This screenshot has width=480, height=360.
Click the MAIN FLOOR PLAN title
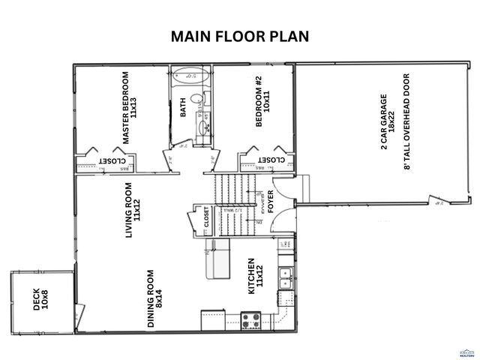239,36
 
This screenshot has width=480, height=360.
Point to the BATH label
182,109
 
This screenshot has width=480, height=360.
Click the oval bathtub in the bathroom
190,76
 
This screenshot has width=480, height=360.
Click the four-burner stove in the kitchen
250,321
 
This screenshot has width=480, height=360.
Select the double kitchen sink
285,278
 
